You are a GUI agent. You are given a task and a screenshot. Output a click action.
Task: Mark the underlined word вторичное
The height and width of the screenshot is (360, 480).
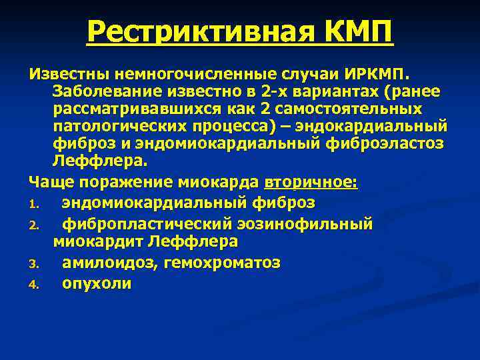click(311, 182)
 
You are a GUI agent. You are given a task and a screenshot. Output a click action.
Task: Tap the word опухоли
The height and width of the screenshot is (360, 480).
click(97, 283)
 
